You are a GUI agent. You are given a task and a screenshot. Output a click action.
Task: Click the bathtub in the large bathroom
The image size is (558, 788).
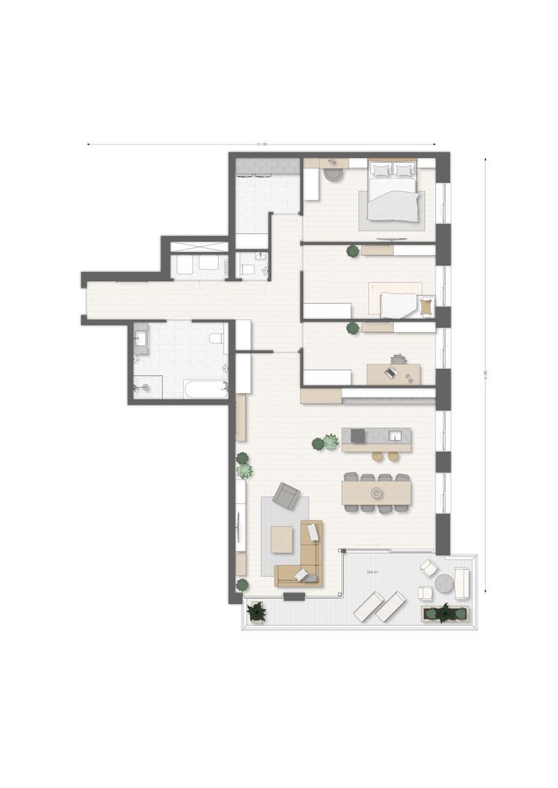point(206,388)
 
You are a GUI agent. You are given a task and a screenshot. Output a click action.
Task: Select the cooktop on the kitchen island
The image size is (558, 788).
point(358,436)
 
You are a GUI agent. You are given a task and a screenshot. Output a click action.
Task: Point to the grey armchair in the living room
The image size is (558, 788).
point(286,496)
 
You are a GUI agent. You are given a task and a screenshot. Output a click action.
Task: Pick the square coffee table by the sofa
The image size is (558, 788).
point(281,539)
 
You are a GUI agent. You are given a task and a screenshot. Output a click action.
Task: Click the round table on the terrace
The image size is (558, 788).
point(444,584)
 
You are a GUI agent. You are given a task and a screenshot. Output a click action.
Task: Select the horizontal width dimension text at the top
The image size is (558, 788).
point(261,144)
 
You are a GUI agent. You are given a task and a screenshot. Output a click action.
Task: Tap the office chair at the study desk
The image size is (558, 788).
point(399,359)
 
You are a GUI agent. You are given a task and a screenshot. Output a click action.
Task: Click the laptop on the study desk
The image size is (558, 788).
point(391,374)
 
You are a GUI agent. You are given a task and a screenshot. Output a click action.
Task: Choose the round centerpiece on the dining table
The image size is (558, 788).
point(376,493)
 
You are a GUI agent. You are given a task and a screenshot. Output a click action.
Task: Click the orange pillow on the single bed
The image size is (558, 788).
point(426,308)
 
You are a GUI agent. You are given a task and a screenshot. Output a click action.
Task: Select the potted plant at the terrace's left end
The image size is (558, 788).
point(256,611)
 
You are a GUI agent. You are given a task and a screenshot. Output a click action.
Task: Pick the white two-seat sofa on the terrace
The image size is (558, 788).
point(462,582)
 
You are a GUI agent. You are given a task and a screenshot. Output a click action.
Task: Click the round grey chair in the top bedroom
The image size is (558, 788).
point(334,174)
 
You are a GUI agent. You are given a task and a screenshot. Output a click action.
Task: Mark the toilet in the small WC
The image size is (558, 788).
point(247,271)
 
